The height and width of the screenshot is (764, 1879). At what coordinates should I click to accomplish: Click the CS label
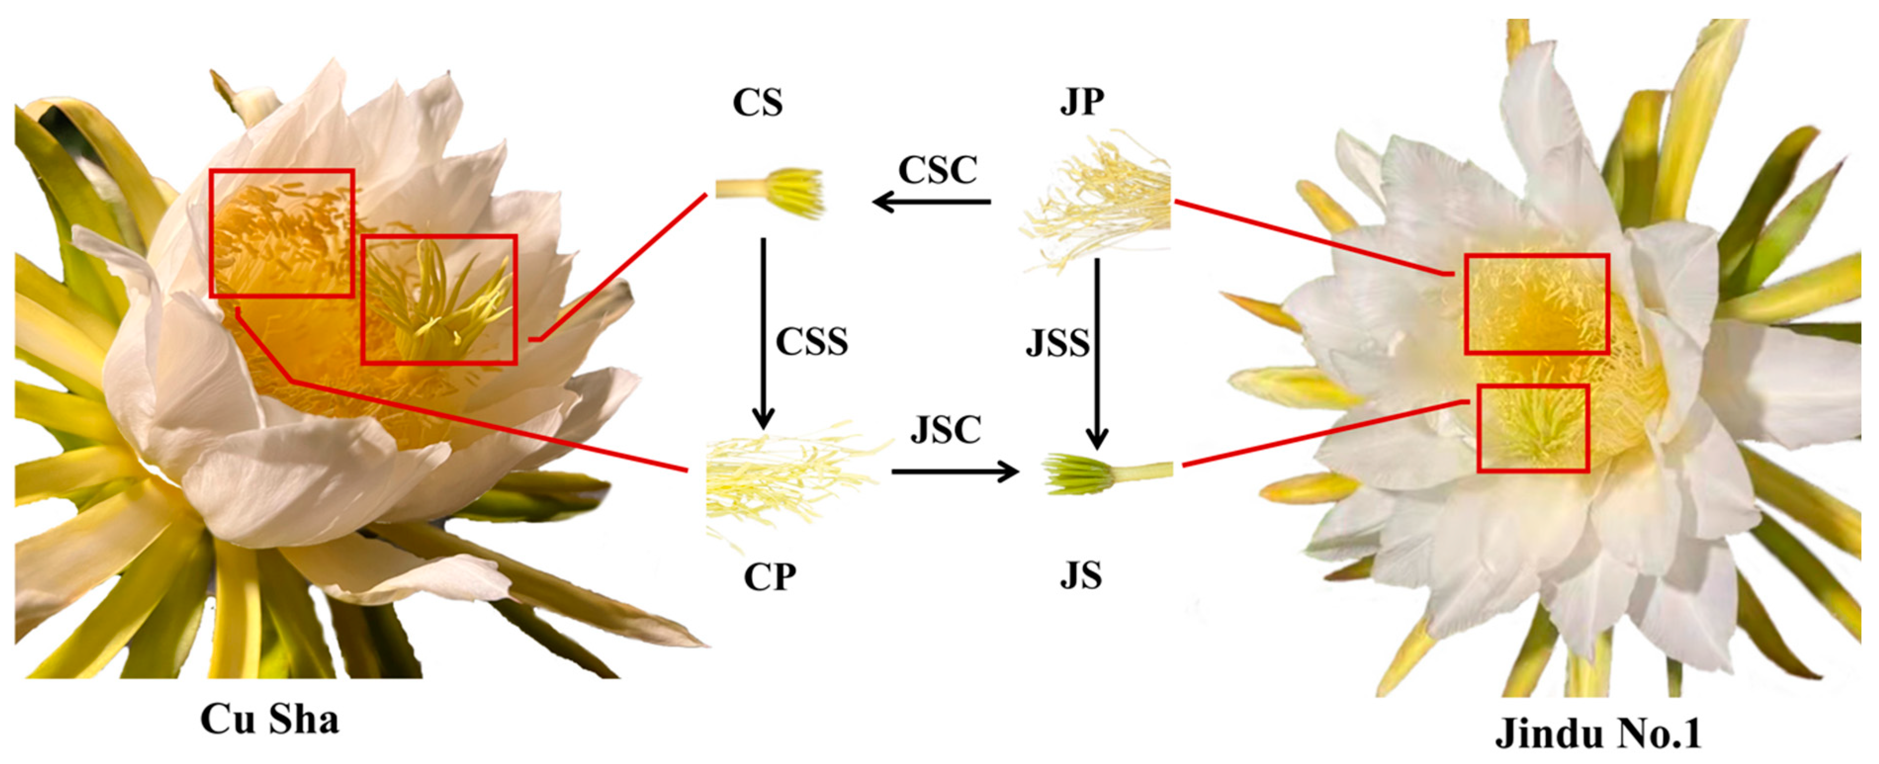tap(758, 103)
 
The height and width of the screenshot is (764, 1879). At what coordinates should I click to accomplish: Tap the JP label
tap(1082, 101)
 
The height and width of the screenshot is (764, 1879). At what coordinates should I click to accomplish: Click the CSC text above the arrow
tap(937, 170)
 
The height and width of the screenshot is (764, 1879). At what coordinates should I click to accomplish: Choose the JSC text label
tap(945, 430)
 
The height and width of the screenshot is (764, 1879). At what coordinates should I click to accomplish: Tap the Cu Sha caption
tap(270, 720)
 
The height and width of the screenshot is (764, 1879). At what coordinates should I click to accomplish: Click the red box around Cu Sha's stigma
tap(439, 299)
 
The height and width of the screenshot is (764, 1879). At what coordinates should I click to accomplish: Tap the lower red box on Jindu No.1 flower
tap(1532, 428)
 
